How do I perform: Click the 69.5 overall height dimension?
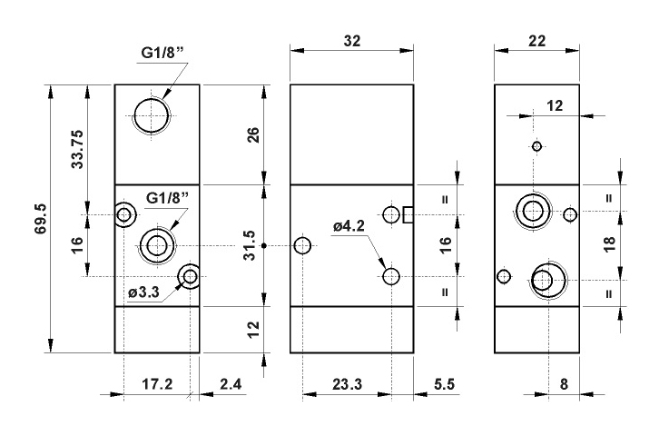click(x=40, y=219)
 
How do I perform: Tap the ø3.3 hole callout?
click(x=143, y=292)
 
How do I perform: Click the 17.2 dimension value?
click(x=157, y=384)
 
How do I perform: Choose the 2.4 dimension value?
click(x=231, y=384)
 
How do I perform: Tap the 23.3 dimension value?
click(x=347, y=384)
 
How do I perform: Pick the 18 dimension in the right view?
click(x=609, y=243)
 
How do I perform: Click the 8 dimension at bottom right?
click(x=564, y=384)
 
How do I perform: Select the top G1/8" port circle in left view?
click(x=151, y=115)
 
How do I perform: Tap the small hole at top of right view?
click(x=537, y=146)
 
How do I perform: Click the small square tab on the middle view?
click(x=408, y=214)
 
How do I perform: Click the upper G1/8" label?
click(x=163, y=54)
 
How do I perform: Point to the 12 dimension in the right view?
click(x=555, y=105)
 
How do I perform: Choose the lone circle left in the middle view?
click(x=303, y=245)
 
